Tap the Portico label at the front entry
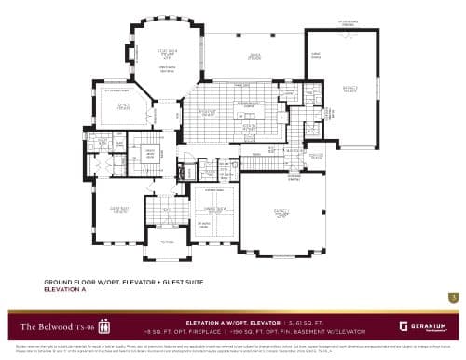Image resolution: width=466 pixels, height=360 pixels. [x=168, y=242]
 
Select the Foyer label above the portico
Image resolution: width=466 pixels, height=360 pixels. [x=169, y=211]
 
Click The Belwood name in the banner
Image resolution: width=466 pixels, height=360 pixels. [x=42, y=326]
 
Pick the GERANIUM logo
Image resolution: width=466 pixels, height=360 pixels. [x=424, y=326]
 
